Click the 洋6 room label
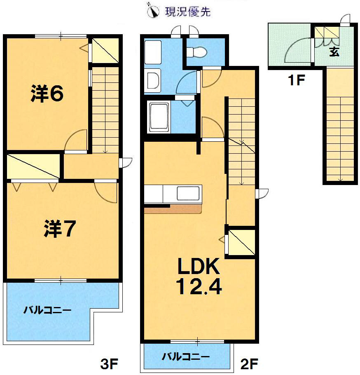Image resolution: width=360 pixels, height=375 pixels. (x=47, y=94)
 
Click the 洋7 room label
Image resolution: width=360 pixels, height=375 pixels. (x=59, y=229)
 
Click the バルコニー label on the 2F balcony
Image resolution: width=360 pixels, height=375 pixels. (x=186, y=356)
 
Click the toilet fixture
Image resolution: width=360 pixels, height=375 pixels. (x=196, y=52)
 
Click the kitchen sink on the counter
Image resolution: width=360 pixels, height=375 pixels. (x=189, y=193)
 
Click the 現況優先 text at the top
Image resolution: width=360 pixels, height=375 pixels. (x=187, y=12)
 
